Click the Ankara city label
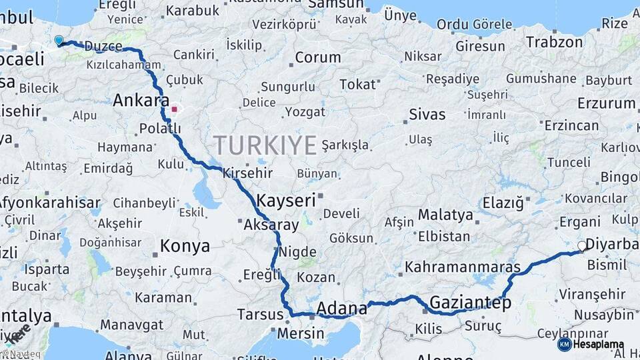coord(141,101)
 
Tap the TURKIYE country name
coord(265,145)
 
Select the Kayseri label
coord(286,200)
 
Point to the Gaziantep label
coord(470,303)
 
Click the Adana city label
coord(342,308)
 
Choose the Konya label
coord(185,246)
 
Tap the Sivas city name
coord(427,113)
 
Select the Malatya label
coord(445,215)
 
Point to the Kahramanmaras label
coord(462,267)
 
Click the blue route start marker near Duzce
coord(59,41)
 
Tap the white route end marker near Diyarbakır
coord(581,246)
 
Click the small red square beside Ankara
coord(174,109)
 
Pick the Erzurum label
coord(606,103)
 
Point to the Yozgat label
coord(304,111)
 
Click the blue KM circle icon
coord(564,345)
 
